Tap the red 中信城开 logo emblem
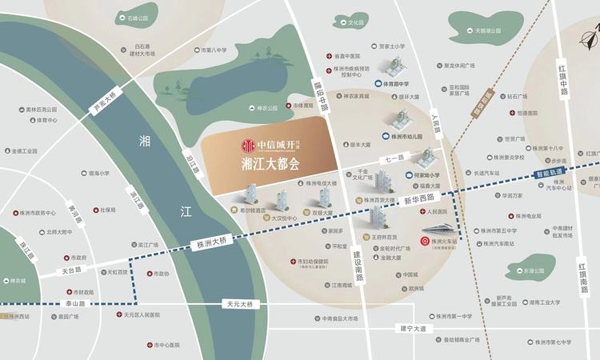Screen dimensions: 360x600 (x=249, y=146)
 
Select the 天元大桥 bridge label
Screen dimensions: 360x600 (x=238, y=305)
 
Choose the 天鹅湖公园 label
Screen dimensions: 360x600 (x=487, y=31)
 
